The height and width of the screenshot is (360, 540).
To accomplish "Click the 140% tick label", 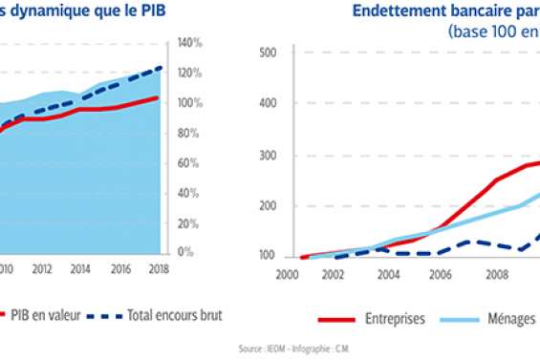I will click(x=189, y=43).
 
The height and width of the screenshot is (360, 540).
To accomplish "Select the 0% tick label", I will click(x=185, y=253).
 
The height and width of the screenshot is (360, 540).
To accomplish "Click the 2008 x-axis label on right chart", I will click(x=496, y=273).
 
